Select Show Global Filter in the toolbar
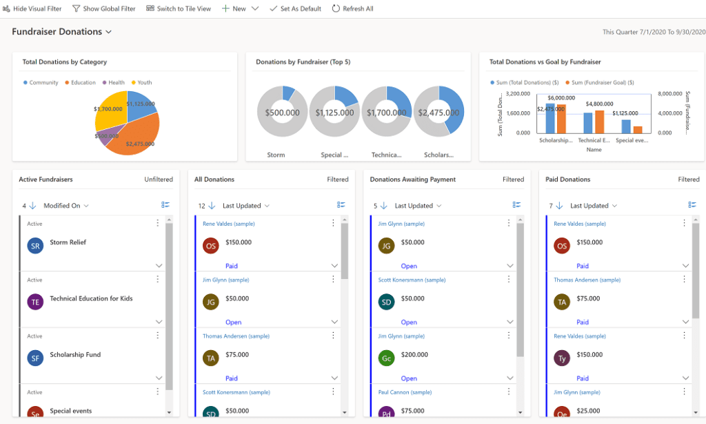(104, 9)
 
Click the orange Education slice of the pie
(138, 135)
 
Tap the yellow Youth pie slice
(109, 110)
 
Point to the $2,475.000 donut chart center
(439, 113)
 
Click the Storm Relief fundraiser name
(68, 242)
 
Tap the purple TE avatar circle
(35, 302)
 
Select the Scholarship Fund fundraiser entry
(75, 355)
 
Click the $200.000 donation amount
(414, 355)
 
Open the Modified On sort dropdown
(66, 206)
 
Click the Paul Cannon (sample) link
(405, 392)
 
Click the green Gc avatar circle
(387, 358)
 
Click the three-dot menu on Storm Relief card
(158, 223)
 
